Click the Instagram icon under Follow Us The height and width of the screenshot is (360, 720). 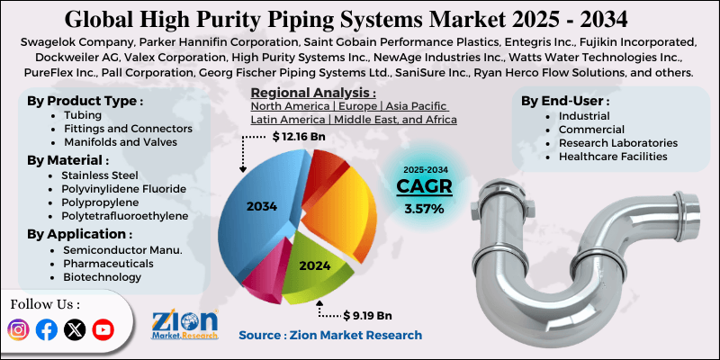click(18, 330)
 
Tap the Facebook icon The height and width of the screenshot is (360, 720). click(47, 330)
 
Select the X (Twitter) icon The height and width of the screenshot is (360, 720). click(76, 330)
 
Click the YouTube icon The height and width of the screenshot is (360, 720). click(104, 330)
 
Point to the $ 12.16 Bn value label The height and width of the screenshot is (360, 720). click(300, 137)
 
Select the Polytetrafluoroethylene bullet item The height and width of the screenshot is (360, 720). click(125, 216)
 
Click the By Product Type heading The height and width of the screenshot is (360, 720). click(85, 100)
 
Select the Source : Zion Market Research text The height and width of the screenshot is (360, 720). click(329, 335)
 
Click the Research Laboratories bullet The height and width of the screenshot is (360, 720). click(616, 142)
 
